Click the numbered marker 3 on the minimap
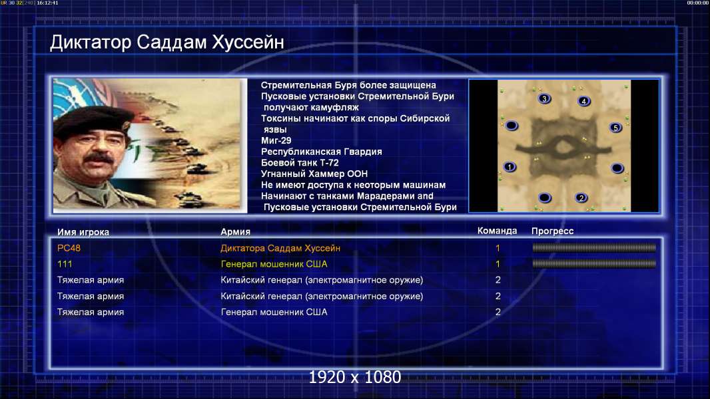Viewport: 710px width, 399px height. (x=544, y=98)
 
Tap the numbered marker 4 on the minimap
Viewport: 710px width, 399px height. (x=584, y=101)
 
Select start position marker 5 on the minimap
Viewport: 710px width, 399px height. (x=615, y=128)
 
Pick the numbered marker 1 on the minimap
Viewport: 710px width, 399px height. (x=510, y=167)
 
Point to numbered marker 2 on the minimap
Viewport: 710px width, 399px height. (x=581, y=198)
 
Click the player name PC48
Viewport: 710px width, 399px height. (x=69, y=248)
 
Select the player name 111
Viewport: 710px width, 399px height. (x=65, y=264)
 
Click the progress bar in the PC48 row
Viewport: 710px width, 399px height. (x=594, y=247)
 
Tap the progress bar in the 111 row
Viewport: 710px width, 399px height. (x=594, y=263)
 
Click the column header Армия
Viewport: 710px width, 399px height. (x=236, y=232)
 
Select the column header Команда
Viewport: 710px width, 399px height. (x=497, y=231)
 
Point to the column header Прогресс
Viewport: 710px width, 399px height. (x=552, y=231)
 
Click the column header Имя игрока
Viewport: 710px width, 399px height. (x=83, y=232)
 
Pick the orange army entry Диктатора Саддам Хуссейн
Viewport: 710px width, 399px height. (x=280, y=248)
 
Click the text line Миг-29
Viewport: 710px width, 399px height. (x=276, y=140)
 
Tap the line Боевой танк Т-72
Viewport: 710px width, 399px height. (x=300, y=163)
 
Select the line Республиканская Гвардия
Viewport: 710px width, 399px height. (x=322, y=152)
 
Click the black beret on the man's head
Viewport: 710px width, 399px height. (x=93, y=119)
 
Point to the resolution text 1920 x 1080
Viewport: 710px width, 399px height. (x=355, y=377)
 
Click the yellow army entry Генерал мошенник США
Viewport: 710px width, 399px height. (x=274, y=264)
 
